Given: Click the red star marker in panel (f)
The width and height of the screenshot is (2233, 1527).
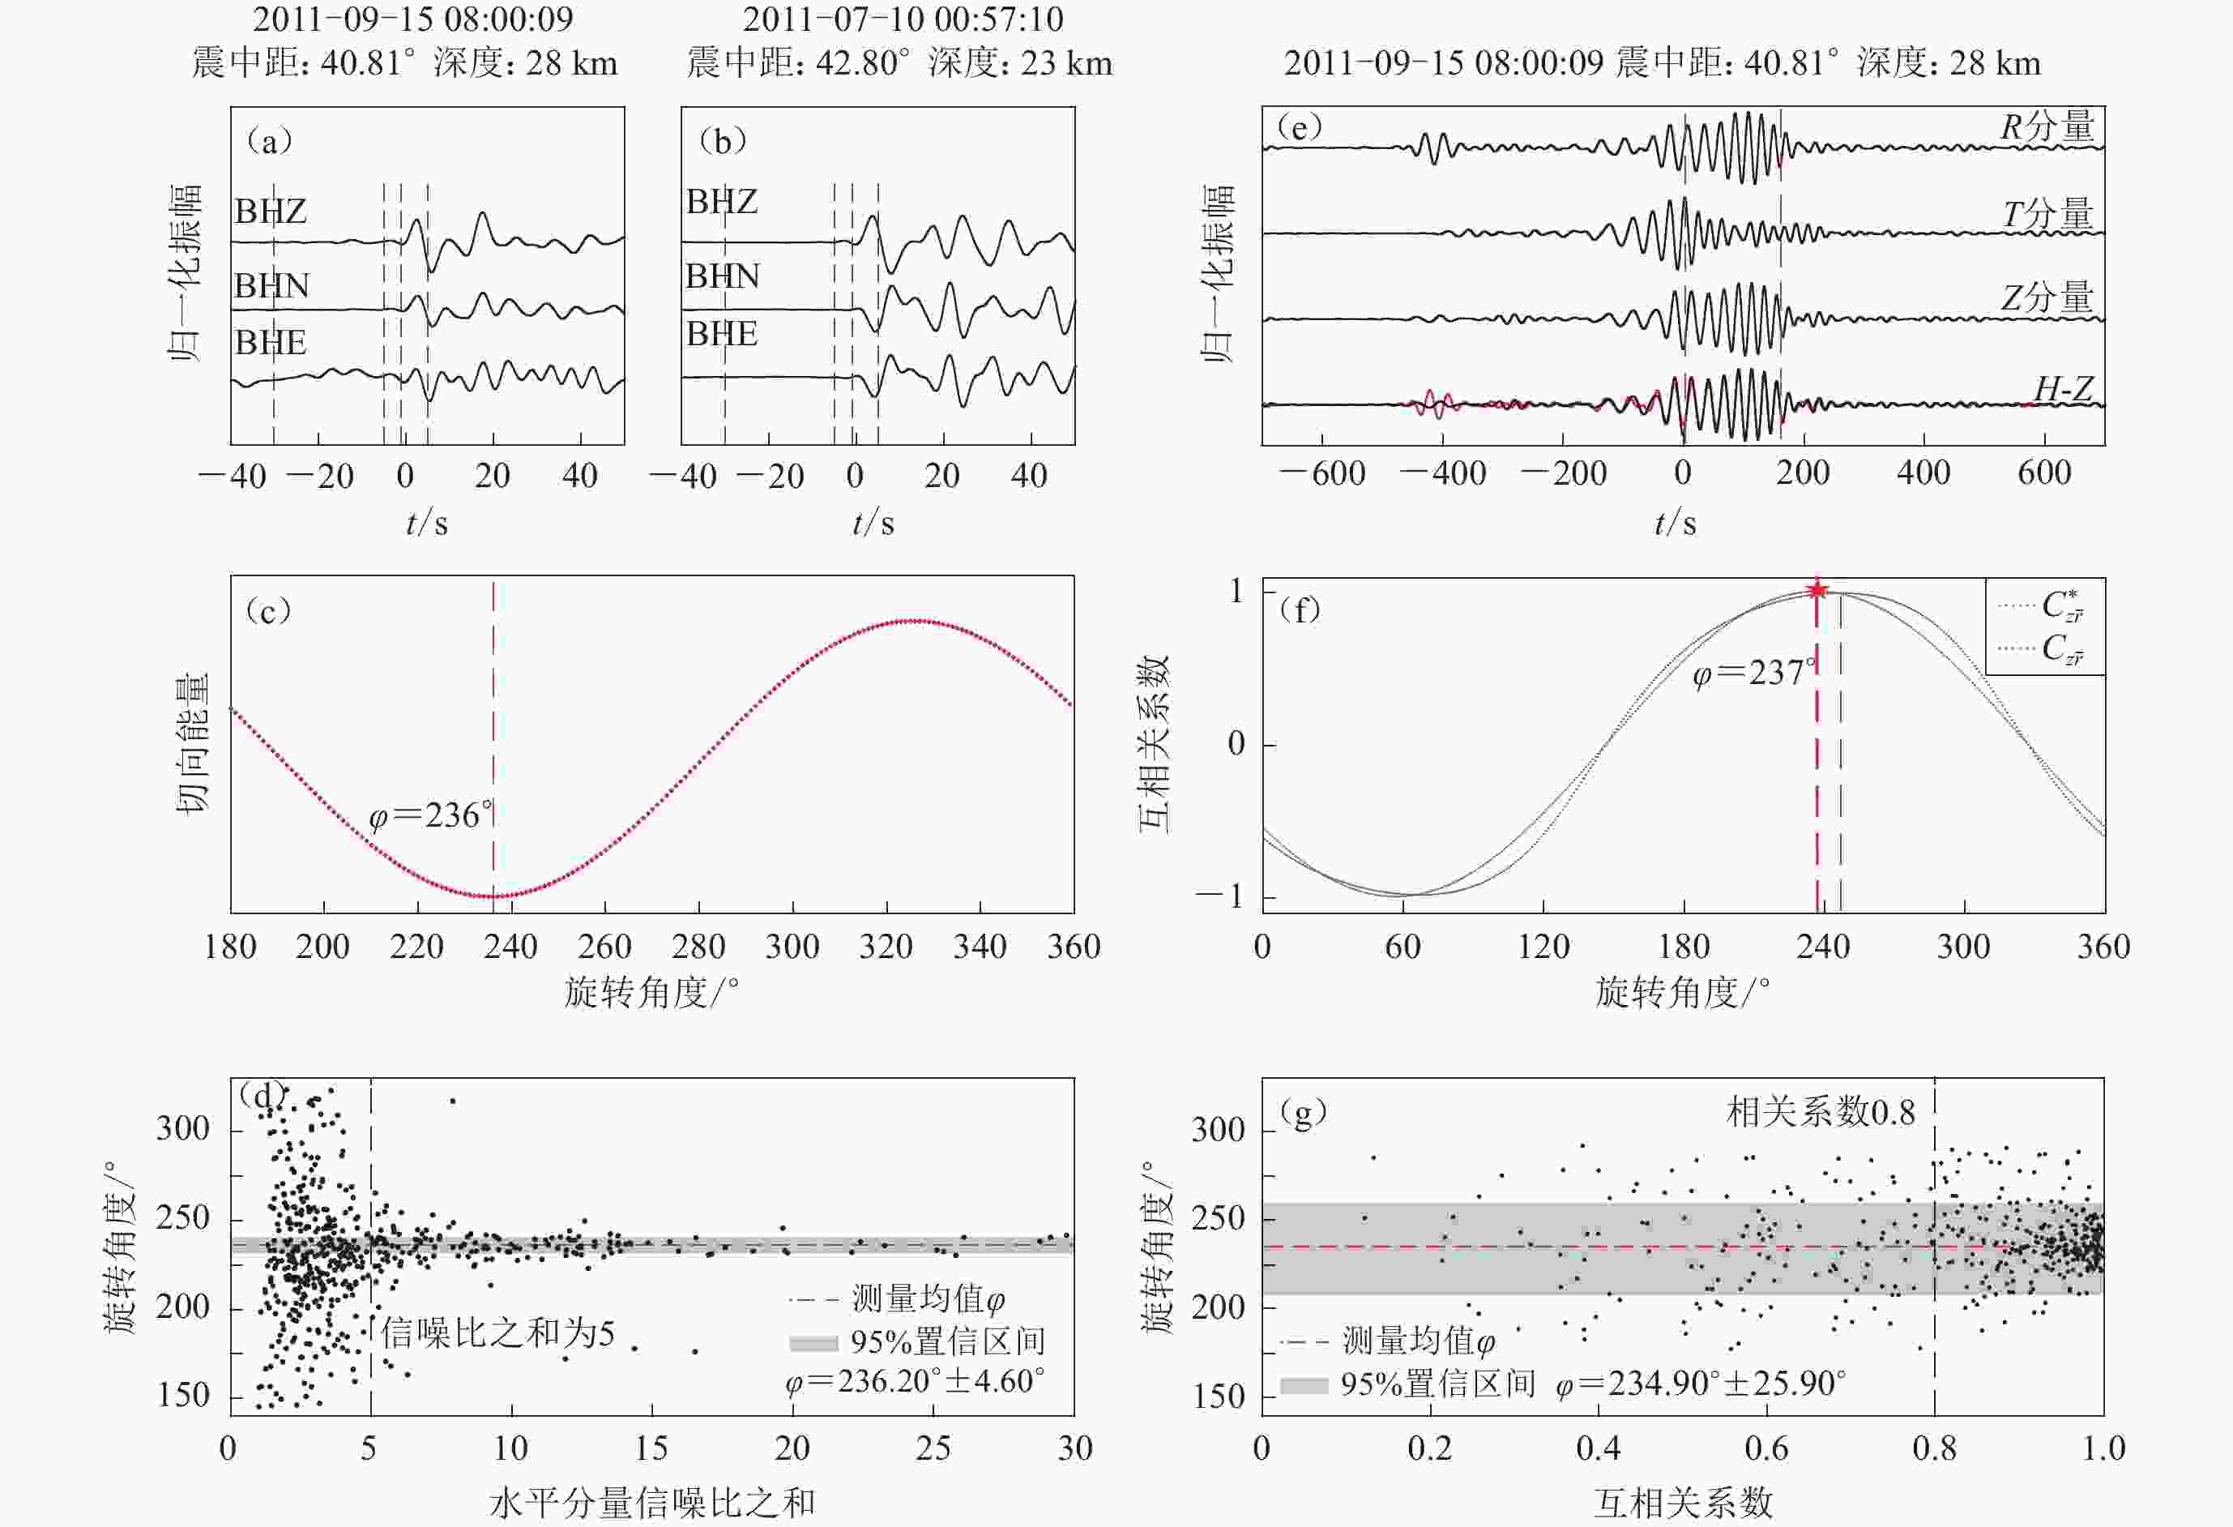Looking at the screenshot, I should click(x=1816, y=590).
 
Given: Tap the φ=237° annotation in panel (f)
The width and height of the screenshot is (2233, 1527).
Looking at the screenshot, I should click(x=1753, y=673).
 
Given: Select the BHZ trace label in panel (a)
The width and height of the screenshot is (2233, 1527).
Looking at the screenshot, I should click(x=270, y=211).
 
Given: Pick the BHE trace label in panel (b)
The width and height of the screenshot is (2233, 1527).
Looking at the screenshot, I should click(x=722, y=333).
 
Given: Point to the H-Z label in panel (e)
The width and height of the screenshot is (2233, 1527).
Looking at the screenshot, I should click(x=2063, y=388).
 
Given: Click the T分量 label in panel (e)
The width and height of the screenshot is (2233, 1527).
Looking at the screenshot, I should click(x=2047, y=213).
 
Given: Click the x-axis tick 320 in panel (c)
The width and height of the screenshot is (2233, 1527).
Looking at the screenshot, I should click(x=886, y=947).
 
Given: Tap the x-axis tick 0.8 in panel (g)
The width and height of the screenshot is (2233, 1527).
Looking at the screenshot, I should click(x=1934, y=1448).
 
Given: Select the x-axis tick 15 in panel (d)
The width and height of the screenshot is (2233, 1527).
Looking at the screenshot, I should click(x=651, y=1448).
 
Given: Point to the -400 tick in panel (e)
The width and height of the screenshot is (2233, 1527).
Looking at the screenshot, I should click(x=1443, y=473).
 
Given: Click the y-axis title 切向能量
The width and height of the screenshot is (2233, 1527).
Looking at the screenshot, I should click(x=191, y=743).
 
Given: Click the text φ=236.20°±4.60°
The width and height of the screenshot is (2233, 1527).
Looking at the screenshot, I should click(x=915, y=1381).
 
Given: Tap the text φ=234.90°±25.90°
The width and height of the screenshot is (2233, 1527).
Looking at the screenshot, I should click(x=1701, y=1383).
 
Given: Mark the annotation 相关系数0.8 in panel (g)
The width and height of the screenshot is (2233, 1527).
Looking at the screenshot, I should click(x=1821, y=1112).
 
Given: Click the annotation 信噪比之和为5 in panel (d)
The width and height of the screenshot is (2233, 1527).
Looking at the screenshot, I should click(x=497, y=1332).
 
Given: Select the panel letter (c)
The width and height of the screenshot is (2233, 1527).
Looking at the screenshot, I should click(x=268, y=610).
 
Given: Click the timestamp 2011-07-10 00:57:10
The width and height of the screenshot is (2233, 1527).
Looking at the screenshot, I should click(x=903, y=19).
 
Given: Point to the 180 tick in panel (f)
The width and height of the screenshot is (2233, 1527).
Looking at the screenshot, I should click(x=1684, y=947).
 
